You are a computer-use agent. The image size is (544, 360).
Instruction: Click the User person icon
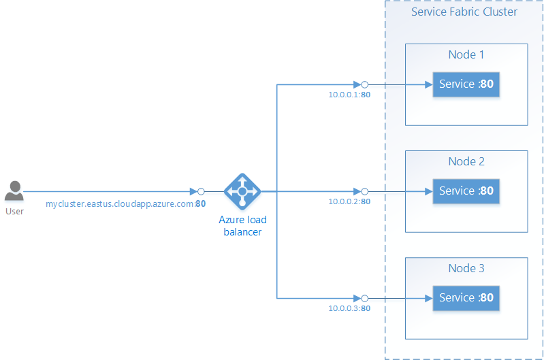(14, 191)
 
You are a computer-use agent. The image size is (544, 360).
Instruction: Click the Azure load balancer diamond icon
(242, 191)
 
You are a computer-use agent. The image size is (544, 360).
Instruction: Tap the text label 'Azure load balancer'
(242, 225)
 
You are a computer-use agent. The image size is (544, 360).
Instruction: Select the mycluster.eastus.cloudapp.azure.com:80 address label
(126, 203)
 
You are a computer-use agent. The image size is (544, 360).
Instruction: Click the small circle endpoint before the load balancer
(201, 192)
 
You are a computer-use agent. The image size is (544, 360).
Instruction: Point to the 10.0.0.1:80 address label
(349, 95)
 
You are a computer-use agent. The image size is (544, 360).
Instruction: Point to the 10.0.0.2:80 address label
(349, 201)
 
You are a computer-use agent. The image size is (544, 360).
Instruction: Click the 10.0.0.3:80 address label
(349, 308)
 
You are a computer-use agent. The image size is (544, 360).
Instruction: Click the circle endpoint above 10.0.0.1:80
(364, 85)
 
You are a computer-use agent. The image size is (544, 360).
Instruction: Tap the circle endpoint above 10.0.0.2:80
(364, 192)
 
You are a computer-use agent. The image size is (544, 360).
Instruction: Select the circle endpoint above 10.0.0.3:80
(364, 298)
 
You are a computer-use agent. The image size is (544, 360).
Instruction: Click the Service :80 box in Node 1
(466, 84)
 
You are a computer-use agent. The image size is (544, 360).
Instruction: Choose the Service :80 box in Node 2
(466, 191)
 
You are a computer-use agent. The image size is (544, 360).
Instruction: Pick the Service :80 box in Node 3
(466, 297)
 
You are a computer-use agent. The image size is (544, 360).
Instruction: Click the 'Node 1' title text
(466, 54)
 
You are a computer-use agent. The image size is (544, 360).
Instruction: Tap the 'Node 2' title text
(466, 161)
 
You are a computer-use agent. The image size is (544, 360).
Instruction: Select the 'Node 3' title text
(466, 268)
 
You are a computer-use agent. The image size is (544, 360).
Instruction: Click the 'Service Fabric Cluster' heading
(464, 12)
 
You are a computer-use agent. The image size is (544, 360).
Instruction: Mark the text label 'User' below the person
(14, 211)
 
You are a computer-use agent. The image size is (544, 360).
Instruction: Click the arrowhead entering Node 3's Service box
(428, 298)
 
